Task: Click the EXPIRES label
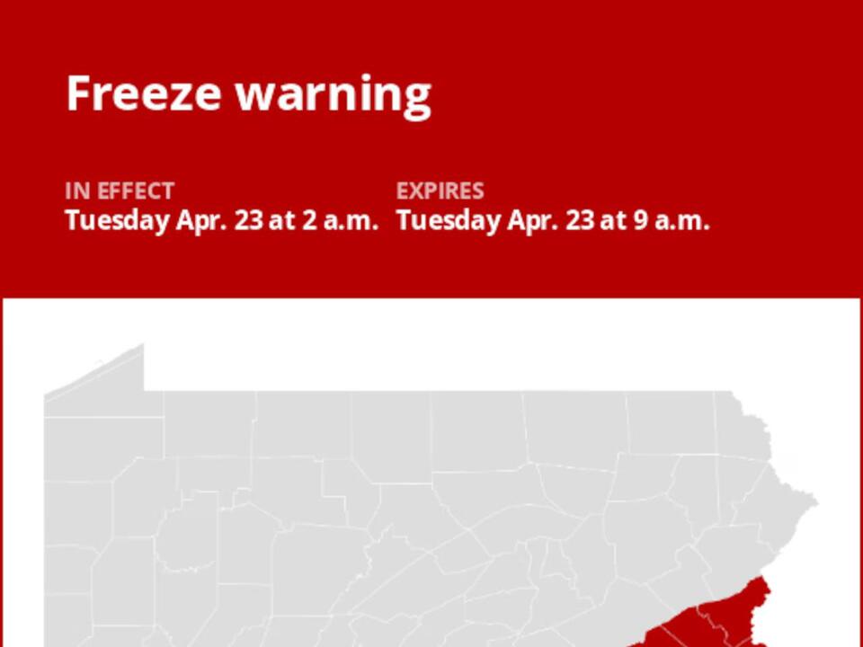click(x=440, y=191)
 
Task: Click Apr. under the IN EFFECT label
click(x=201, y=221)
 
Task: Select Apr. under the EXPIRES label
click(x=532, y=221)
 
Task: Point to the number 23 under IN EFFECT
click(x=248, y=221)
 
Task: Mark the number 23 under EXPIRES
click(x=579, y=221)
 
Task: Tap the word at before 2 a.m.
click(x=282, y=221)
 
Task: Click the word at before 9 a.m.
click(x=613, y=221)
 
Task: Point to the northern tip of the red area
click(x=765, y=580)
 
